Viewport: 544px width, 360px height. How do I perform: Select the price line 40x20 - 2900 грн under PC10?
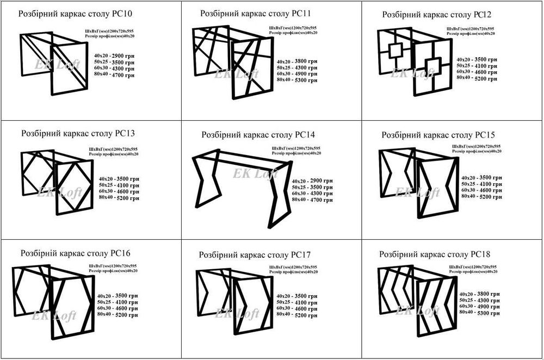(114, 56)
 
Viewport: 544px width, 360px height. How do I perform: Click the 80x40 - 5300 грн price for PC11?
(296, 80)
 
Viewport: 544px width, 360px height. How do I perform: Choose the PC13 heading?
(78, 133)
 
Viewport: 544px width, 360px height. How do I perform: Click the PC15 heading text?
(438, 134)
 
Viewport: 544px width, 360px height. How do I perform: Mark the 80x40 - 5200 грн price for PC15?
(481, 196)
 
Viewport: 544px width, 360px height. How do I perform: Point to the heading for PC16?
(75, 253)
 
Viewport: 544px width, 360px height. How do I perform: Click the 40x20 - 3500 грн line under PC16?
(118, 295)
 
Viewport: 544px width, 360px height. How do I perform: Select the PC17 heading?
(255, 254)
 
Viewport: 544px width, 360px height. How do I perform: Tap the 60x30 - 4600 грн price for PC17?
(296, 308)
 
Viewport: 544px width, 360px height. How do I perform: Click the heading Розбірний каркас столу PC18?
(435, 254)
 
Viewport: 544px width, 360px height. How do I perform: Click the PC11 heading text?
(256, 13)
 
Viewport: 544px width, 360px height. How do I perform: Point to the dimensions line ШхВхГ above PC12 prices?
(470, 28)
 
